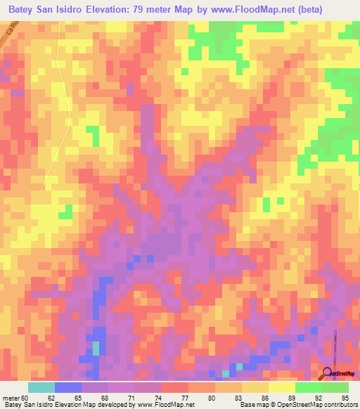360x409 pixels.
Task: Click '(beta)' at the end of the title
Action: click(330, 10)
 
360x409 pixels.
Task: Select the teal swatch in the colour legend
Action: click(41, 387)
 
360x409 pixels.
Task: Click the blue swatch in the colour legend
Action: click(68, 387)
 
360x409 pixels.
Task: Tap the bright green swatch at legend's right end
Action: click(335, 387)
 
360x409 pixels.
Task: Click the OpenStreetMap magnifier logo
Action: click(328, 372)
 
